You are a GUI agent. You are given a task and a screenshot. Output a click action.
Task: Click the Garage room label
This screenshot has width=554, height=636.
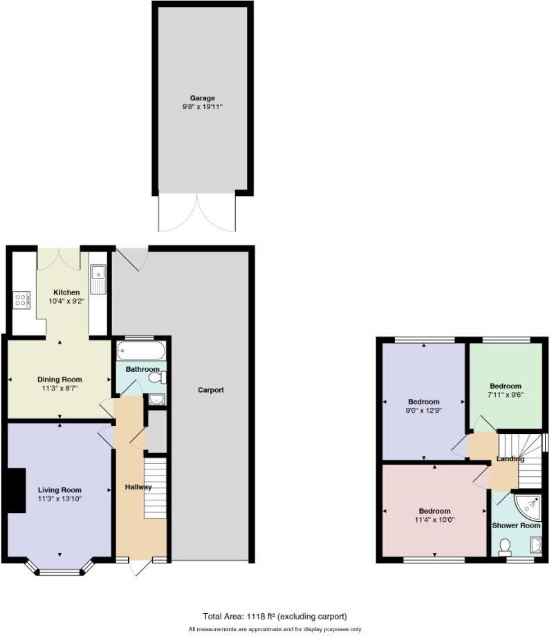click(x=203, y=98)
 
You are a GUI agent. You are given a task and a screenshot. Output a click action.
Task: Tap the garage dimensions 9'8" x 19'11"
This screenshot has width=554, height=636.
click(x=203, y=107)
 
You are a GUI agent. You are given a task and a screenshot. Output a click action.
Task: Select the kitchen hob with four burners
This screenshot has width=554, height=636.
click(x=21, y=300)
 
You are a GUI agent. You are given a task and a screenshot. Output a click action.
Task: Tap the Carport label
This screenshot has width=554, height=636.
click(x=211, y=390)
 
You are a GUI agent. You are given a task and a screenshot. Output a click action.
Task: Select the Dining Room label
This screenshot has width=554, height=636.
click(x=59, y=380)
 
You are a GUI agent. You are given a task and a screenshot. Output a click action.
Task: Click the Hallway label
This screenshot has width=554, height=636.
click(x=138, y=487)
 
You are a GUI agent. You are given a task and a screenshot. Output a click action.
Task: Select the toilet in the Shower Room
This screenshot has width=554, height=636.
click(x=504, y=547)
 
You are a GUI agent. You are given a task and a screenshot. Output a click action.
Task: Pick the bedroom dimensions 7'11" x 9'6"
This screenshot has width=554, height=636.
click(x=505, y=396)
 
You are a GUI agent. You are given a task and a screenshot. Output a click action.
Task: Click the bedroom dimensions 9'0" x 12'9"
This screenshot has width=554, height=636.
click(x=424, y=410)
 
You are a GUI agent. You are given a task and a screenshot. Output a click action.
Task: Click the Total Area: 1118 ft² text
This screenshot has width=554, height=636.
click(x=275, y=616)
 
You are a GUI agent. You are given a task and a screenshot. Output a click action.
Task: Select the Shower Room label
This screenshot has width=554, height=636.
click(x=516, y=525)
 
